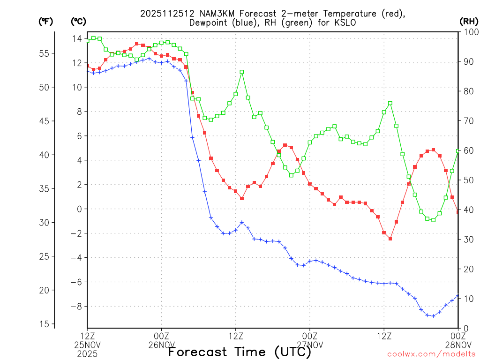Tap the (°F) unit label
45,21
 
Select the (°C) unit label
78,21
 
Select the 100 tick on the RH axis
469,32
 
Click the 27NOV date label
310,345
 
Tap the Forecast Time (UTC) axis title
240,352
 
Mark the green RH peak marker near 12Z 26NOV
242,72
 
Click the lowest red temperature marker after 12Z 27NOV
390,239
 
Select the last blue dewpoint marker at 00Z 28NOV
458,296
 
